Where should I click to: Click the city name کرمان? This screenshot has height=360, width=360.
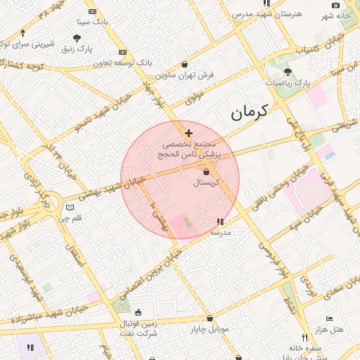tap(250, 111)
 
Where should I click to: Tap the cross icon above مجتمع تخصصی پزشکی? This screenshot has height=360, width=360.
tap(188, 133)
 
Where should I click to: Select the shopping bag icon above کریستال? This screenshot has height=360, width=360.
tap(206, 172)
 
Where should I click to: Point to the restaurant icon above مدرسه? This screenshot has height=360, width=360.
tap(220, 221)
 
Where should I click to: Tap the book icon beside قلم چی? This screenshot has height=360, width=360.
tap(70, 207)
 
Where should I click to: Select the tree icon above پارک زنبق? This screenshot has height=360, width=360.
tap(77, 38)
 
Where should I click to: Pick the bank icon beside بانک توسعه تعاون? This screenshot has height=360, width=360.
tap(123, 52)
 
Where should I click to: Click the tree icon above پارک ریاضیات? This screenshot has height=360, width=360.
tap(287, 72)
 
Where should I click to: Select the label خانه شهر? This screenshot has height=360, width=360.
tap(336, 15)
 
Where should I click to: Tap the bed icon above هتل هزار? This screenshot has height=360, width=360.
tap(329, 319)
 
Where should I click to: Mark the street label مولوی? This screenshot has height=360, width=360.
tap(194, 98)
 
